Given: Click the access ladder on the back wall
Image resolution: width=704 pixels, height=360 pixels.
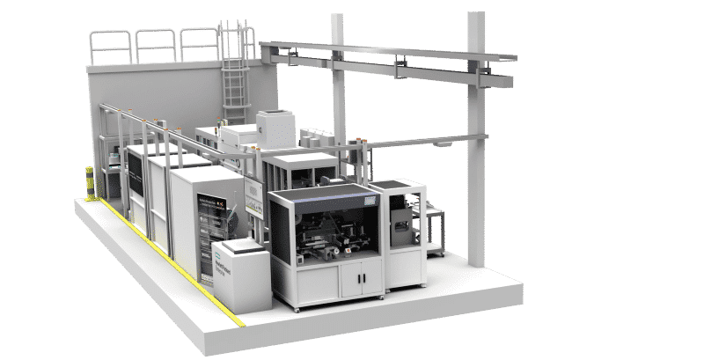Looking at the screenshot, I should click(233, 70).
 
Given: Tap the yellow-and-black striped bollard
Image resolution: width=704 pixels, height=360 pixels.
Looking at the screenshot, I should click(89, 182).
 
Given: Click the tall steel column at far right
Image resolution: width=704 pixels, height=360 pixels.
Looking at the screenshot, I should click(476, 141).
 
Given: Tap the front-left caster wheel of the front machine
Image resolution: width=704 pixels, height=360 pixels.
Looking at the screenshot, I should click(297, 309).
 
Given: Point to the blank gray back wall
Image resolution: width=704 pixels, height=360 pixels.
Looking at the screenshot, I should click(150, 97).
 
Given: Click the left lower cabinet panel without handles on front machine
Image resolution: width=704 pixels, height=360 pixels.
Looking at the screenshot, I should click(308, 282).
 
